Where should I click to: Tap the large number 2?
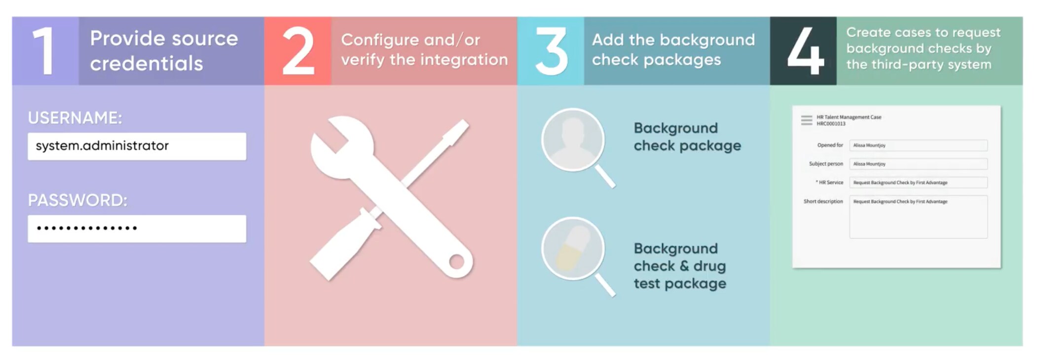[x=298, y=51]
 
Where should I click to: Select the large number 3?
[x=551, y=51]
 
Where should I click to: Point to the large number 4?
[x=805, y=51]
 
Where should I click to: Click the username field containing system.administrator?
[x=137, y=146]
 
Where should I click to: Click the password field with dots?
[x=137, y=228]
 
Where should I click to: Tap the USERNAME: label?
[x=75, y=118]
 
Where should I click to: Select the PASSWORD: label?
[x=77, y=200]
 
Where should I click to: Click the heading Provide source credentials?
[x=164, y=51]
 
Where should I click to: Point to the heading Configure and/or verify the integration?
[x=424, y=50]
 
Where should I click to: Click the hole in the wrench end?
[x=456, y=261]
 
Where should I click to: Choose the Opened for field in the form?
[x=918, y=145]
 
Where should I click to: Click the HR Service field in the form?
[x=918, y=182]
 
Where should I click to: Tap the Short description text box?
[x=918, y=217]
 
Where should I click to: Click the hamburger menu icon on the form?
[x=807, y=120]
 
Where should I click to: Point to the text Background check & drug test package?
[x=680, y=266]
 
